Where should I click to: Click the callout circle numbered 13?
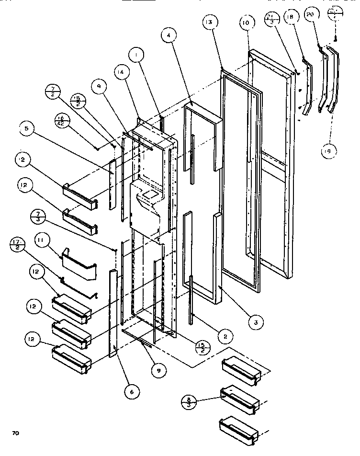(210, 22)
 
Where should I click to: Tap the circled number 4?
(169, 35)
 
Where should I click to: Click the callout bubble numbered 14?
(121, 73)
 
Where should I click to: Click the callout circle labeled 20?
(311, 15)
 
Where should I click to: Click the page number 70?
(15, 433)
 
